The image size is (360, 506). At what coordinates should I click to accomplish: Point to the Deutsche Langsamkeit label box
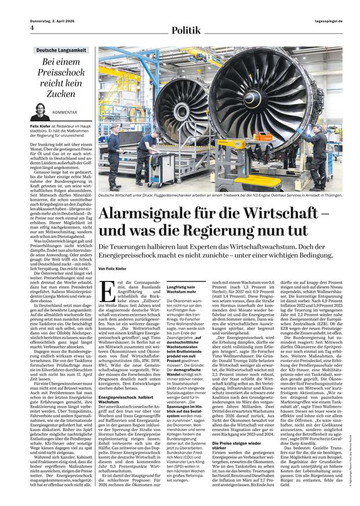pyautogui.click(x=61, y=52)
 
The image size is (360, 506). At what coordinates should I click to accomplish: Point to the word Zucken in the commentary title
pyautogui.click(x=61, y=93)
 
